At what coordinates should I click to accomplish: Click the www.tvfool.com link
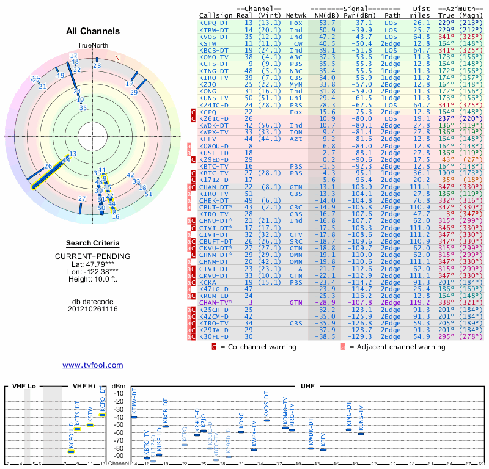[92, 365]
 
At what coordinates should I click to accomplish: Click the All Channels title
[92, 31]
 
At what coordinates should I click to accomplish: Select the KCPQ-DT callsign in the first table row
[216, 23]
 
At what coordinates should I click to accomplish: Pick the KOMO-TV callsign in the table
[216, 57]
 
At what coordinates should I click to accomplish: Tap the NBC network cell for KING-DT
[296, 70]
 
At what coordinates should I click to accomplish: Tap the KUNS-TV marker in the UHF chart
[361, 434]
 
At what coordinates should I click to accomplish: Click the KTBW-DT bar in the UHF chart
[134, 417]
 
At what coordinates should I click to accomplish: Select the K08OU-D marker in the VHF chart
[72, 451]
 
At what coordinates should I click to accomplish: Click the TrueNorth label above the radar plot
[92, 46]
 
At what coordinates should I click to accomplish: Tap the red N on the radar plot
[117, 58]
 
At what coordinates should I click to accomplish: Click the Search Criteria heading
[92, 243]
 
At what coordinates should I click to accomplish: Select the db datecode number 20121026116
[92, 309]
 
